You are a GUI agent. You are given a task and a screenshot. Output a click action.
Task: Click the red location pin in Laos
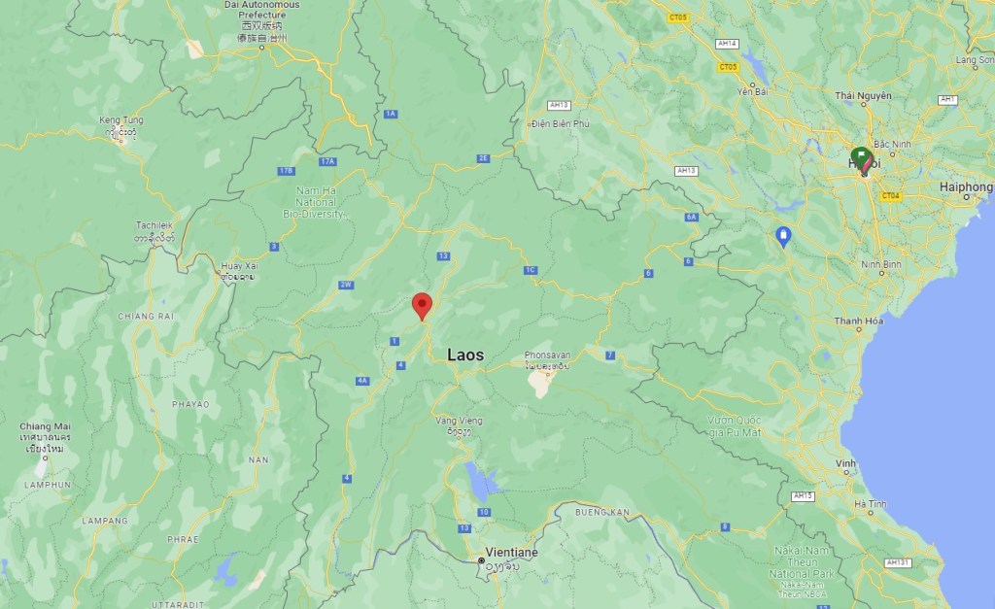click(x=422, y=305)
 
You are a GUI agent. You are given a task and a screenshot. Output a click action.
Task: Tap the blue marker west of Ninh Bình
click(x=783, y=236)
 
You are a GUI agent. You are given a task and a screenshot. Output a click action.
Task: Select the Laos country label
click(x=465, y=355)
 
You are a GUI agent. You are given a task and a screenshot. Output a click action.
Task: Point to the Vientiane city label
click(x=511, y=552)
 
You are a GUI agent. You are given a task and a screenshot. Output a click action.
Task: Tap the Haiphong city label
click(x=966, y=186)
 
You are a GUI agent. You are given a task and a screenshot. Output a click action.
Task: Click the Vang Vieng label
click(x=458, y=421)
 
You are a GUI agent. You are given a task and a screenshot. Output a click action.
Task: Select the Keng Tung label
click(x=121, y=120)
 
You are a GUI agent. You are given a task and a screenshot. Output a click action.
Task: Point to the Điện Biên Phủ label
click(x=560, y=123)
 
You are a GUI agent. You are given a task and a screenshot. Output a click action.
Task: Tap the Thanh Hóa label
click(x=859, y=321)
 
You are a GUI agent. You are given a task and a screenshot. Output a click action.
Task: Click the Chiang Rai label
click(x=145, y=316)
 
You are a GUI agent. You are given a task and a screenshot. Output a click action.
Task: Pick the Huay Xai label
click(x=239, y=265)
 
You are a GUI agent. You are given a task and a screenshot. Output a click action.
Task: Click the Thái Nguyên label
click(x=863, y=95)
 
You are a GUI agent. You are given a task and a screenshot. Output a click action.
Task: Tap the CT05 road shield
click(x=678, y=17)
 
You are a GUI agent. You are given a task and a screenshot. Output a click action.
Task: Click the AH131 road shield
click(x=897, y=562)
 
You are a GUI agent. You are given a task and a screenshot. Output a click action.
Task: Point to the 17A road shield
click(x=327, y=161)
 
